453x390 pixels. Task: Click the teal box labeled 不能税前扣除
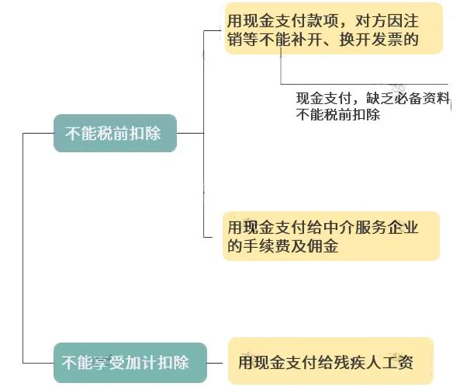click(x=115, y=133)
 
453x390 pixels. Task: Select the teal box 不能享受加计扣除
click(x=130, y=363)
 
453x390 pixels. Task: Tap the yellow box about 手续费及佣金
click(x=331, y=236)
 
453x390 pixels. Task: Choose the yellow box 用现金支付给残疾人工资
click(x=330, y=360)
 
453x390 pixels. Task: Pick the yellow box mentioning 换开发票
click(x=334, y=28)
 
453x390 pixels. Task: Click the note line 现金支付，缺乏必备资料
click(x=372, y=99)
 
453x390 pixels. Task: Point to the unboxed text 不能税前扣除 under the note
click(x=337, y=114)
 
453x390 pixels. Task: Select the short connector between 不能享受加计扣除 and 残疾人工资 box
click(x=215, y=363)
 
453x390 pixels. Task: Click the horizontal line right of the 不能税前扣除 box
click(x=190, y=133)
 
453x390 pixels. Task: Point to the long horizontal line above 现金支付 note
click(x=365, y=84)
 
